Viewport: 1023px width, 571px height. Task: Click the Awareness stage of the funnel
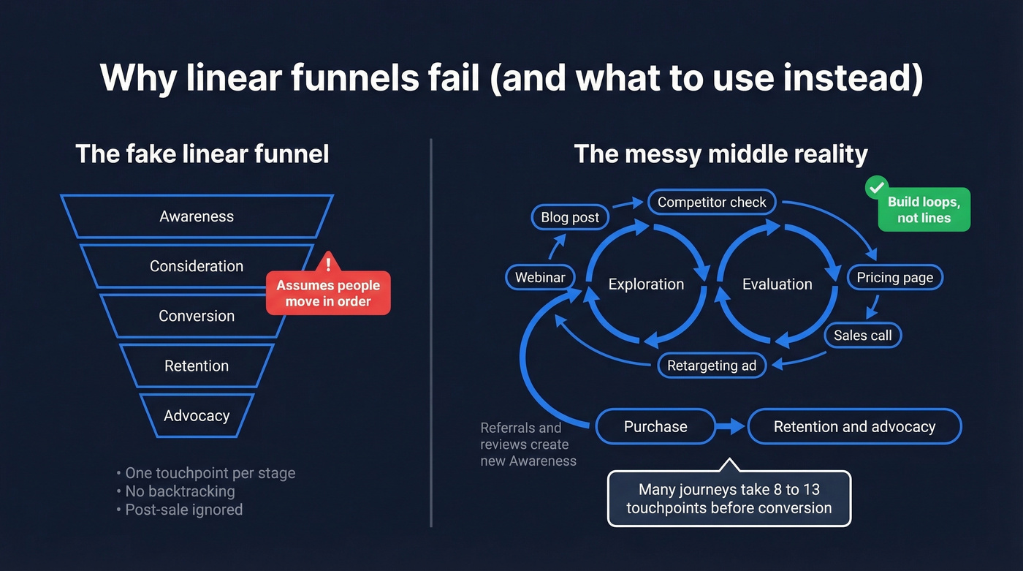(197, 216)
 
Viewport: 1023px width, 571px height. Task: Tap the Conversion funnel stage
(197, 316)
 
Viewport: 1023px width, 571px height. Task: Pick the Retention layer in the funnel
(197, 366)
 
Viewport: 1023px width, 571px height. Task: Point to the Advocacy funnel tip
(197, 415)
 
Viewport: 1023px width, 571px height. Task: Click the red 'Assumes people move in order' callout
(328, 293)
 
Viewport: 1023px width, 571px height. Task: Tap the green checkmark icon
(875, 187)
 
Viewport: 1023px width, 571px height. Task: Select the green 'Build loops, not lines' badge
(924, 211)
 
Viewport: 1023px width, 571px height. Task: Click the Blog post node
(570, 217)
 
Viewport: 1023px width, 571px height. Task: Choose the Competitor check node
(712, 203)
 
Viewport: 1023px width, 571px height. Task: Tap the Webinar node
(540, 278)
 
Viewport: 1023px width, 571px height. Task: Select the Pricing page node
(894, 278)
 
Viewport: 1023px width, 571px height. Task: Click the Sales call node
(863, 336)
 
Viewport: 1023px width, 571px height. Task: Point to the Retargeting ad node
(712, 366)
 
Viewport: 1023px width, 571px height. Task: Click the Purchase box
(655, 427)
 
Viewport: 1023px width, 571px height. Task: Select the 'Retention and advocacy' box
(854, 427)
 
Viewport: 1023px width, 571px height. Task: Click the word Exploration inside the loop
(646, 284)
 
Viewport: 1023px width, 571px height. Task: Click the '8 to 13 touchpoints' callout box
(729, 499)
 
